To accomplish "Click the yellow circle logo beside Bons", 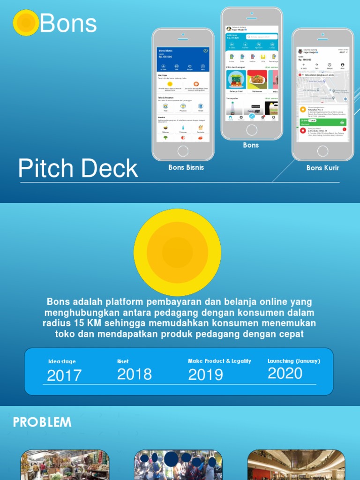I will point(26,23).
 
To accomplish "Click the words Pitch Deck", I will point(78,169).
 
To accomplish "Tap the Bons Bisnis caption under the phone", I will point(186,167).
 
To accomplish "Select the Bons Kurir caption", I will point(322,168).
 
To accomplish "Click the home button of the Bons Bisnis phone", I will point(183,151).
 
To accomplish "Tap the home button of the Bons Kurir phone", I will point(322,151).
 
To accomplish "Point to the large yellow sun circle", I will point(177,253).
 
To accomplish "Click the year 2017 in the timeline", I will point(64,375).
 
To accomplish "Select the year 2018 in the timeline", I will point(135,374).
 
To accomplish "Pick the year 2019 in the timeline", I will point(205,375).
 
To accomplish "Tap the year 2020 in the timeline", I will point(285,374).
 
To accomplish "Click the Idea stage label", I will point(62,361).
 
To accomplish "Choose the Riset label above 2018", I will point(123,361).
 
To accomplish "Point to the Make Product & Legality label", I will point(219,361).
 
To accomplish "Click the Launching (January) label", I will point(294,361).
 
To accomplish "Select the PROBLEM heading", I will point(42,422).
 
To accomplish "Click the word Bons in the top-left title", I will point(68,23).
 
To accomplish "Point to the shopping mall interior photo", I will point(296,465).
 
